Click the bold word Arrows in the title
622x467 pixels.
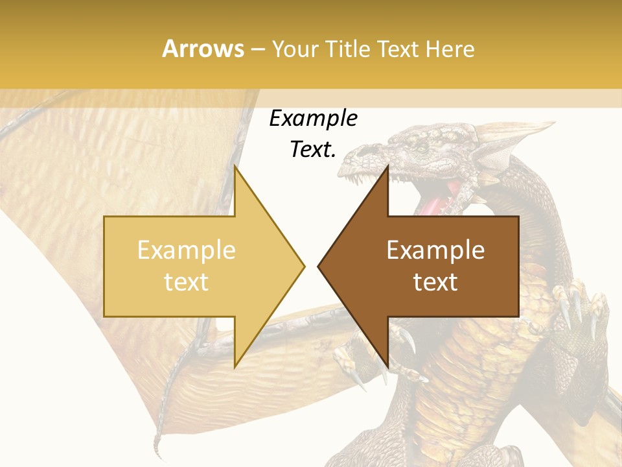click(x=203, y=49)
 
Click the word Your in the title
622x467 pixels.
click(x=295, y=49)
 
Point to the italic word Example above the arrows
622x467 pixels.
click(x=313, y=118)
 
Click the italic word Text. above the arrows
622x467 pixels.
click(x=313, y=149)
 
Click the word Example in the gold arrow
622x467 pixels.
click(x=186, y=250)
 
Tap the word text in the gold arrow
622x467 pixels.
click(x=186, y=282)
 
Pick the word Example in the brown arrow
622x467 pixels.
click(x=435, y=250)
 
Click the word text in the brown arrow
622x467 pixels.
click(x=435, y=282)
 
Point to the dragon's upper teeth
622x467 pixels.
click(x=366, y=172)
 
